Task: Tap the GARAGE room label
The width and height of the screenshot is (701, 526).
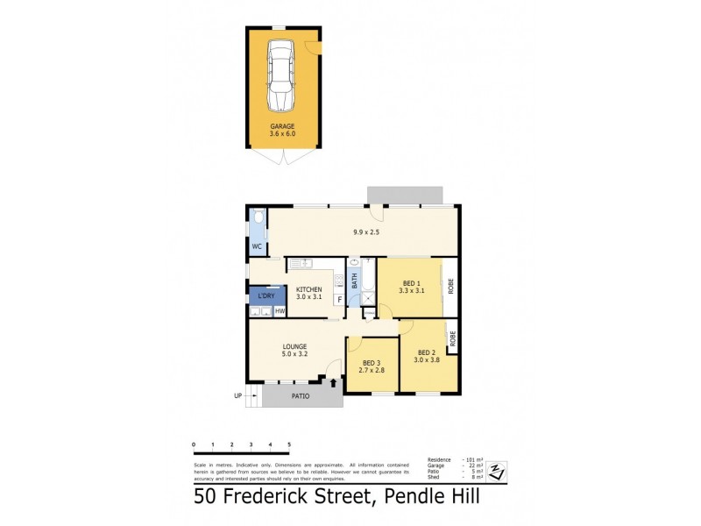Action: pyautogui.click(x=282, y=126)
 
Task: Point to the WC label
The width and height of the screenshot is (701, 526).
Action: pyautogui.click(x=257, y=247)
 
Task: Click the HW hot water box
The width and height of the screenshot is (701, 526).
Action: pyautogui.click(x=280, y=311)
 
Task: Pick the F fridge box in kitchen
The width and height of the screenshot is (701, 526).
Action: pyautogui.click(x=338, y=300)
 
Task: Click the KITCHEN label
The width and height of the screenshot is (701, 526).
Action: pyautogui.click(x=308, y=290)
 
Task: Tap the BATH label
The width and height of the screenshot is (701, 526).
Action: pyautogui.click(x=355, y=281)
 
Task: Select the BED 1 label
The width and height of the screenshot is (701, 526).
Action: pyautogui.click(x=411, y=283)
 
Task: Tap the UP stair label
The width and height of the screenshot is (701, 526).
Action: pyautogui.click(x=237, y=396)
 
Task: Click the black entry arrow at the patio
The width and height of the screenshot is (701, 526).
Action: pyautogui.click(x=333, y=382)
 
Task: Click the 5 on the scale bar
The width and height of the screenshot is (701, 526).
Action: pyautogui.click(x=288, y=445)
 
